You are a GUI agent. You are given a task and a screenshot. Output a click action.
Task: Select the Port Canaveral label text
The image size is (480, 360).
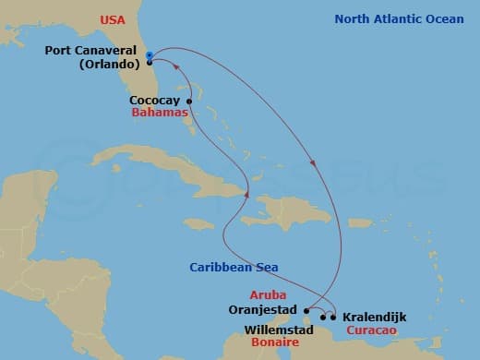(x=91, y=51)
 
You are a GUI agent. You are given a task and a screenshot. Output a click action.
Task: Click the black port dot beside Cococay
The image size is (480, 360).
(x=189, y=102)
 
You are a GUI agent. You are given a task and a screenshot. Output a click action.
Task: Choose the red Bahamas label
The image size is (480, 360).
(x=158, y=113)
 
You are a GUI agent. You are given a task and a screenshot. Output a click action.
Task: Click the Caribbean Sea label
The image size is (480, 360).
(x=234, y=268)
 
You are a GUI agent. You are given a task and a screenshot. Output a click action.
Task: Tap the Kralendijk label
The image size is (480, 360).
(x=373, y=317)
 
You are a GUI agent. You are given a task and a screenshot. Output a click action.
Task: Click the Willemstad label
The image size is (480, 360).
(x=279, y=329)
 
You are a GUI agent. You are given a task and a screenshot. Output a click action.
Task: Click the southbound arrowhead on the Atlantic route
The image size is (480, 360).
(x=315, y=166)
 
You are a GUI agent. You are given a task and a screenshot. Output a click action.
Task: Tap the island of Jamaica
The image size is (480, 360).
(x=199, y=222)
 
